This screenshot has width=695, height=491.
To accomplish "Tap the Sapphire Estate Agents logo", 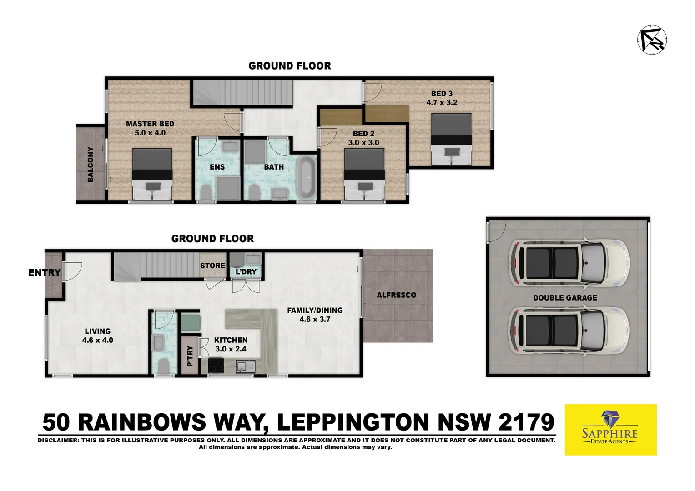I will click(610, 430).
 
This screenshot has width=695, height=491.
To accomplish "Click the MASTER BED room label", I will click(150, 124).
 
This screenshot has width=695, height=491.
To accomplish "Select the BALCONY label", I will click(91, 164).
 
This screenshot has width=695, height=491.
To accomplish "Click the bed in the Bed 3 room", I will click(451, 139).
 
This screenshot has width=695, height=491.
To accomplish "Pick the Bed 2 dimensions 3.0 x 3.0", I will click(363, 143).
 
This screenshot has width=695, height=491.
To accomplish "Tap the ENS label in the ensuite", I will click(217, 167).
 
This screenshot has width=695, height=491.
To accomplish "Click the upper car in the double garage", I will click(569, 262).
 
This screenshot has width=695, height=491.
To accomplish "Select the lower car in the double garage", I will click(569, 331).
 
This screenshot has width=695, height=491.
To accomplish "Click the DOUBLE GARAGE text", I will click(565, 298).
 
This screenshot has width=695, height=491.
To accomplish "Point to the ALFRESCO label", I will click(396, 295).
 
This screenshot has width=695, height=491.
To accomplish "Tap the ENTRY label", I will click(44, 273).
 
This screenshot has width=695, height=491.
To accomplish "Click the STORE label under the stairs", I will click(212, 266).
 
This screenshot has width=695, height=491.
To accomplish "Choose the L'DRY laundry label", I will click(246, 272).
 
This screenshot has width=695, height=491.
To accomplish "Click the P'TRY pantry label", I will click(190, 356).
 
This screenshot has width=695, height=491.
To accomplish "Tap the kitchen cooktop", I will click(217, 366).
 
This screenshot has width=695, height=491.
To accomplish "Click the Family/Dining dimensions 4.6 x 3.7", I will click(315, 320).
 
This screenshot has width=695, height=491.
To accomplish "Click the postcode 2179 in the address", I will click(526, 422).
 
